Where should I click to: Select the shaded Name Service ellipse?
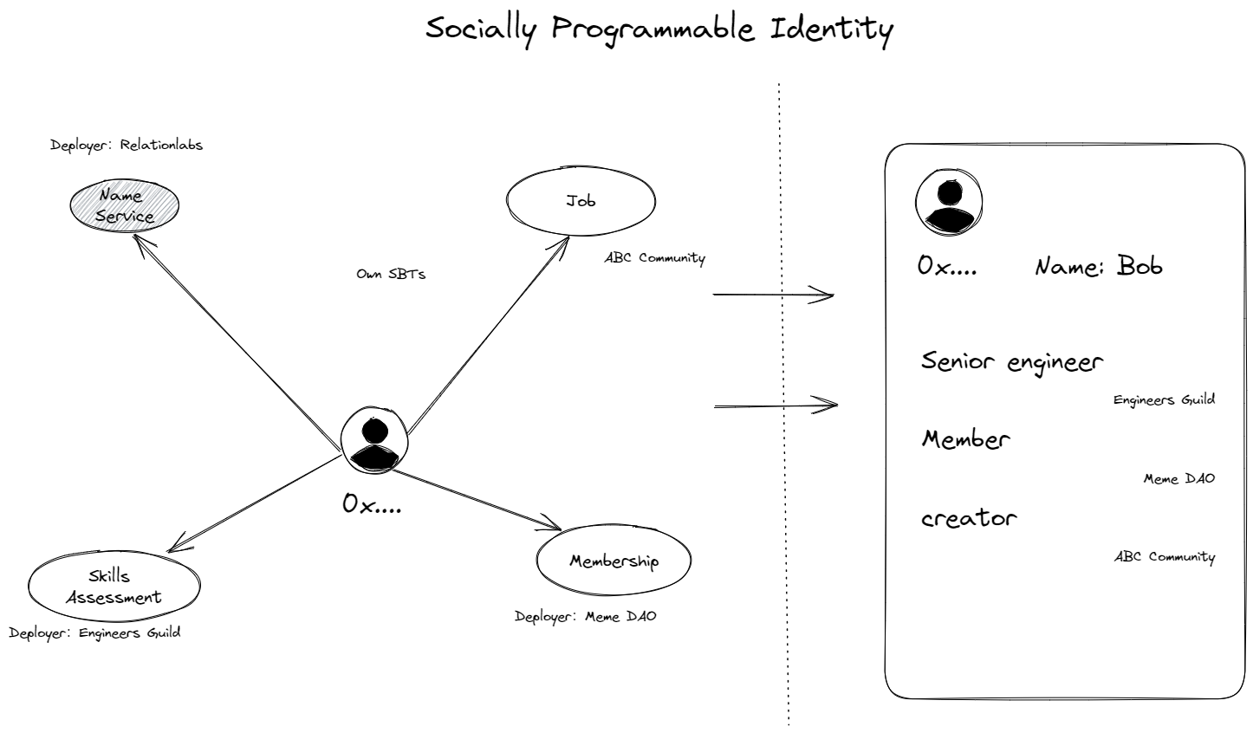tap(125, 206)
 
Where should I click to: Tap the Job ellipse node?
tap(581, 201)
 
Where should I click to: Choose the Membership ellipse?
tap(614, 561)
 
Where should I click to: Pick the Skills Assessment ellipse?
tap(114, 587)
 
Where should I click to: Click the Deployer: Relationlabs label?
tap(127, 146)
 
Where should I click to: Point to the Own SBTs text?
tap(391, 274)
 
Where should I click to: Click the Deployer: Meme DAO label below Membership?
tap(586, 617)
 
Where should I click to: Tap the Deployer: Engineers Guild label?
tap(95, 632)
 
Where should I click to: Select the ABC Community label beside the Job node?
tap(655, 258)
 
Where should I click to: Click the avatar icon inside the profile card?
tap(949, 202)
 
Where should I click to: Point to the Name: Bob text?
tap(1098, 266)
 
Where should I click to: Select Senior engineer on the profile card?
tap(1012, 362)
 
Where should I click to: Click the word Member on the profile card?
tap(965, 439)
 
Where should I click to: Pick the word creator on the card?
tap(968, 518)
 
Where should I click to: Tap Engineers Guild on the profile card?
tap(1164, 399)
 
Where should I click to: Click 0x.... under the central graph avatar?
tap(372, 503)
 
